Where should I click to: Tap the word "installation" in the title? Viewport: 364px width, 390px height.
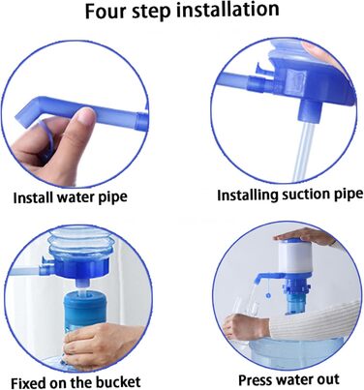(x=228, y=10)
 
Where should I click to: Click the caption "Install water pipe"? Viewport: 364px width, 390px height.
(x=71, y=197)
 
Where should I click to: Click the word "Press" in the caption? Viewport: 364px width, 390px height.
(x=255, y=379)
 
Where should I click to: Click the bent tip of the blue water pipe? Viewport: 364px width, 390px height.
(x=25, y=110)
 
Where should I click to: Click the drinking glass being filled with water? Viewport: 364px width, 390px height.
(x=244, y=316)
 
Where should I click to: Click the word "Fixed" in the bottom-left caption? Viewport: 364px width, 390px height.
(x=28, y=382)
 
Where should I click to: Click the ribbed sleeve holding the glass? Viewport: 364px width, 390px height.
(x=314, y=320)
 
